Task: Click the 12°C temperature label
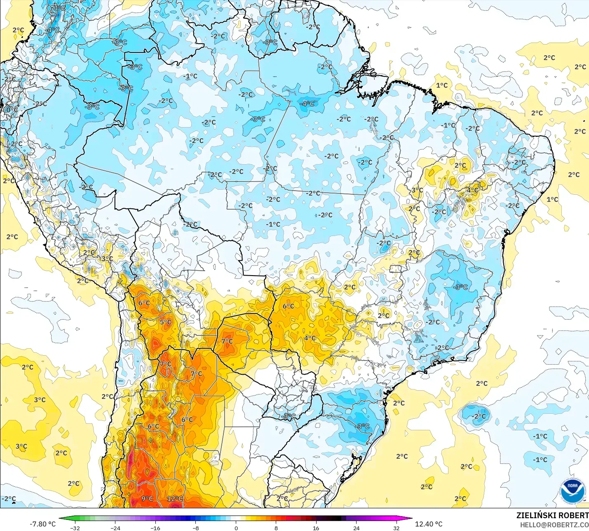click(x=175, y=498)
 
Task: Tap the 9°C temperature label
click(x=147, y=498)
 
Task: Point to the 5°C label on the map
click(x=166, y=322)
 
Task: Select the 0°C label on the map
click(x=12, y=110)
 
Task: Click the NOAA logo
click(x=573, y=491)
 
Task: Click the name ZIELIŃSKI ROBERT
click(x=552, y=516)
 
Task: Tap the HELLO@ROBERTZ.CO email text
click(x=554, y=525)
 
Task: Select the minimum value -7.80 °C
click(x=42, y=524)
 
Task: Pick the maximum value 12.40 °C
click(x=429, y=524)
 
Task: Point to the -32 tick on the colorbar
click(x=75, y=528)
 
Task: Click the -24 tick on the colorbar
click(x=115, y=528)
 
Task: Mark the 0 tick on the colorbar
click(x=236, y=528)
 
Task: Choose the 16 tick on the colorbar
click(x=316, y=528)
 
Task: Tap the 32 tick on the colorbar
click(x=396, y=528)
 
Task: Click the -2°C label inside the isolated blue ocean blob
click(x=479, y=416)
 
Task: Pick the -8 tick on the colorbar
click(x=196, y=528)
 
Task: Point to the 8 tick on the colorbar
click(x=276, y=528)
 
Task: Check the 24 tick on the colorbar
click(x=356, y=528)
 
